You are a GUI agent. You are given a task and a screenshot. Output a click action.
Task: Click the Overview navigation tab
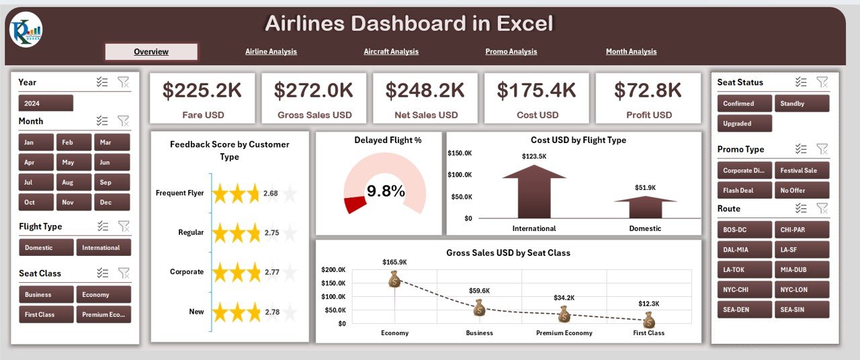151,52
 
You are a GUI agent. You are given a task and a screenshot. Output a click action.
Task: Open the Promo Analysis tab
511,52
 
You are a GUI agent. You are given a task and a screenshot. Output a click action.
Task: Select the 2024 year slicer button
46,103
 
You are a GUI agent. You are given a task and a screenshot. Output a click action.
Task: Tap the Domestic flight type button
46,248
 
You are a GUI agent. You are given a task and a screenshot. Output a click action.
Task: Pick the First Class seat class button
46,314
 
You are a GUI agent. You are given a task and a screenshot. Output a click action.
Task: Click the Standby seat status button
802,103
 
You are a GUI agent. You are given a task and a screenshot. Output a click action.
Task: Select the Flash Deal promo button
744,190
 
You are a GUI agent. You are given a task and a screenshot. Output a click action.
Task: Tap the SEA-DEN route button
744,310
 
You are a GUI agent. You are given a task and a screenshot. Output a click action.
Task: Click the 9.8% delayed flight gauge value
386,191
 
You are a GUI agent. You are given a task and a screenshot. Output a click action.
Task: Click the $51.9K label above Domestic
645,188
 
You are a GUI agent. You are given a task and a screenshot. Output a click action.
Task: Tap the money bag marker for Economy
394,279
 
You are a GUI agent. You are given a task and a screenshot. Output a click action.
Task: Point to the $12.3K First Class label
648,303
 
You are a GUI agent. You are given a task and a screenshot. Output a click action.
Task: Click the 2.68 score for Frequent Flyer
271,193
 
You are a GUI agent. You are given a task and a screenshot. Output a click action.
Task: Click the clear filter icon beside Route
822,208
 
